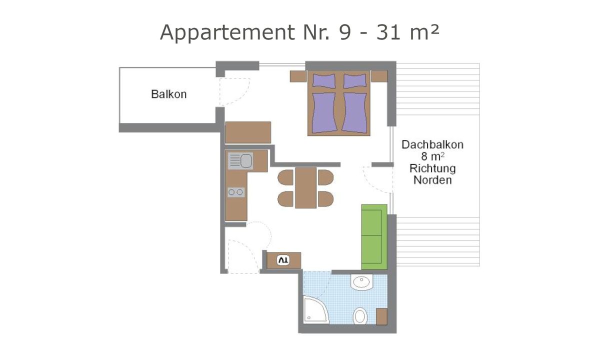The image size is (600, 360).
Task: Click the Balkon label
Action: pyautogui.click(x=168, y=94)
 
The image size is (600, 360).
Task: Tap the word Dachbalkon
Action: pyautogui.click(x=432, y=144)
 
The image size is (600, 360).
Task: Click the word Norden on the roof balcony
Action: pyautogui.click(x=432, y=180)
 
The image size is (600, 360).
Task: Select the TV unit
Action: pyautogui.click(x=283, y=260)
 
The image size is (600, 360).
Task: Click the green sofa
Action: pyautogui.click(x=374, y=236)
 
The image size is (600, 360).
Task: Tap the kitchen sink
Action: pyautogui.click(x=240, y=161)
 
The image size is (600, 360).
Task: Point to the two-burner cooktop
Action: pyautogui.click(x=236, y=191)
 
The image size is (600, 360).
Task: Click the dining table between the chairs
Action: pyautogui.click(x=305, y=187)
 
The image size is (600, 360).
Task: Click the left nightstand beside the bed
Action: pyautogui.click(x=297, y=76)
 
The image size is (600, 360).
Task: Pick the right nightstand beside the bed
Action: pyautogui.click(x=379, y=76)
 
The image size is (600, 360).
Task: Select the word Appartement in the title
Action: pyautogui.click(x=223, y=33)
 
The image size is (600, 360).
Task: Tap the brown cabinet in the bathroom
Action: pyautogui.click(x=381, y=316)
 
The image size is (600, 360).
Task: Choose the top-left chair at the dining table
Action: pyautogui.click(x=285, y=177)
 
